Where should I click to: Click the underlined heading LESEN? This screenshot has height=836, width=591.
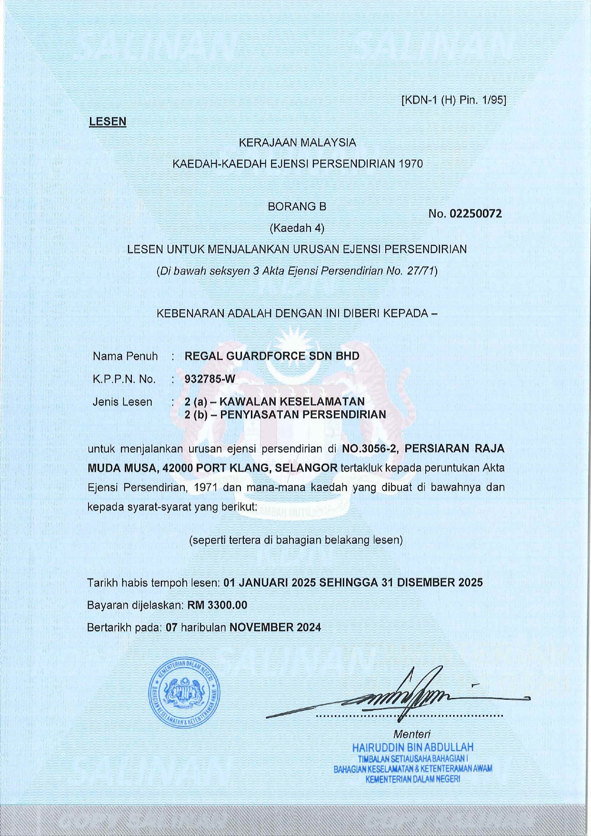click(108, 121)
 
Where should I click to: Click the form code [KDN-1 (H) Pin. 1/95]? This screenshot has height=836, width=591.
click(454, 101)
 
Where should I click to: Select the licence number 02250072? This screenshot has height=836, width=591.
click(476, 214)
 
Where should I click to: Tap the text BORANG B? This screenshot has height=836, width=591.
click(297, 207)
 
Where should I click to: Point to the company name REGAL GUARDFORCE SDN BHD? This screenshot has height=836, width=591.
click(272, 356)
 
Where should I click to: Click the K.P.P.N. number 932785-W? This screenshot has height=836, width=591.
click(210, 379)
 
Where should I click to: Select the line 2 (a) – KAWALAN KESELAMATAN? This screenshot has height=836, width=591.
click(275, 402)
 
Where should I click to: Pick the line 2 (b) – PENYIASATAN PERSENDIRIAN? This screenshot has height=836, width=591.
click(285, 414)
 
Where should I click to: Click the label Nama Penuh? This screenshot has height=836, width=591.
click(125, 356)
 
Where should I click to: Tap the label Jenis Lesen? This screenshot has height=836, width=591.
click(122, 402)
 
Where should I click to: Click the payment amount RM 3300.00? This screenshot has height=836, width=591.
click(217, 605)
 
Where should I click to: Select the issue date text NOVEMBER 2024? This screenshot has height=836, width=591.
click(275, 627)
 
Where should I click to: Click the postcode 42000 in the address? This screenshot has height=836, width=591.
click(177, 468)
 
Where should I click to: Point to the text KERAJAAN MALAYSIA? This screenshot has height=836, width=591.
click(297, 142)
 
